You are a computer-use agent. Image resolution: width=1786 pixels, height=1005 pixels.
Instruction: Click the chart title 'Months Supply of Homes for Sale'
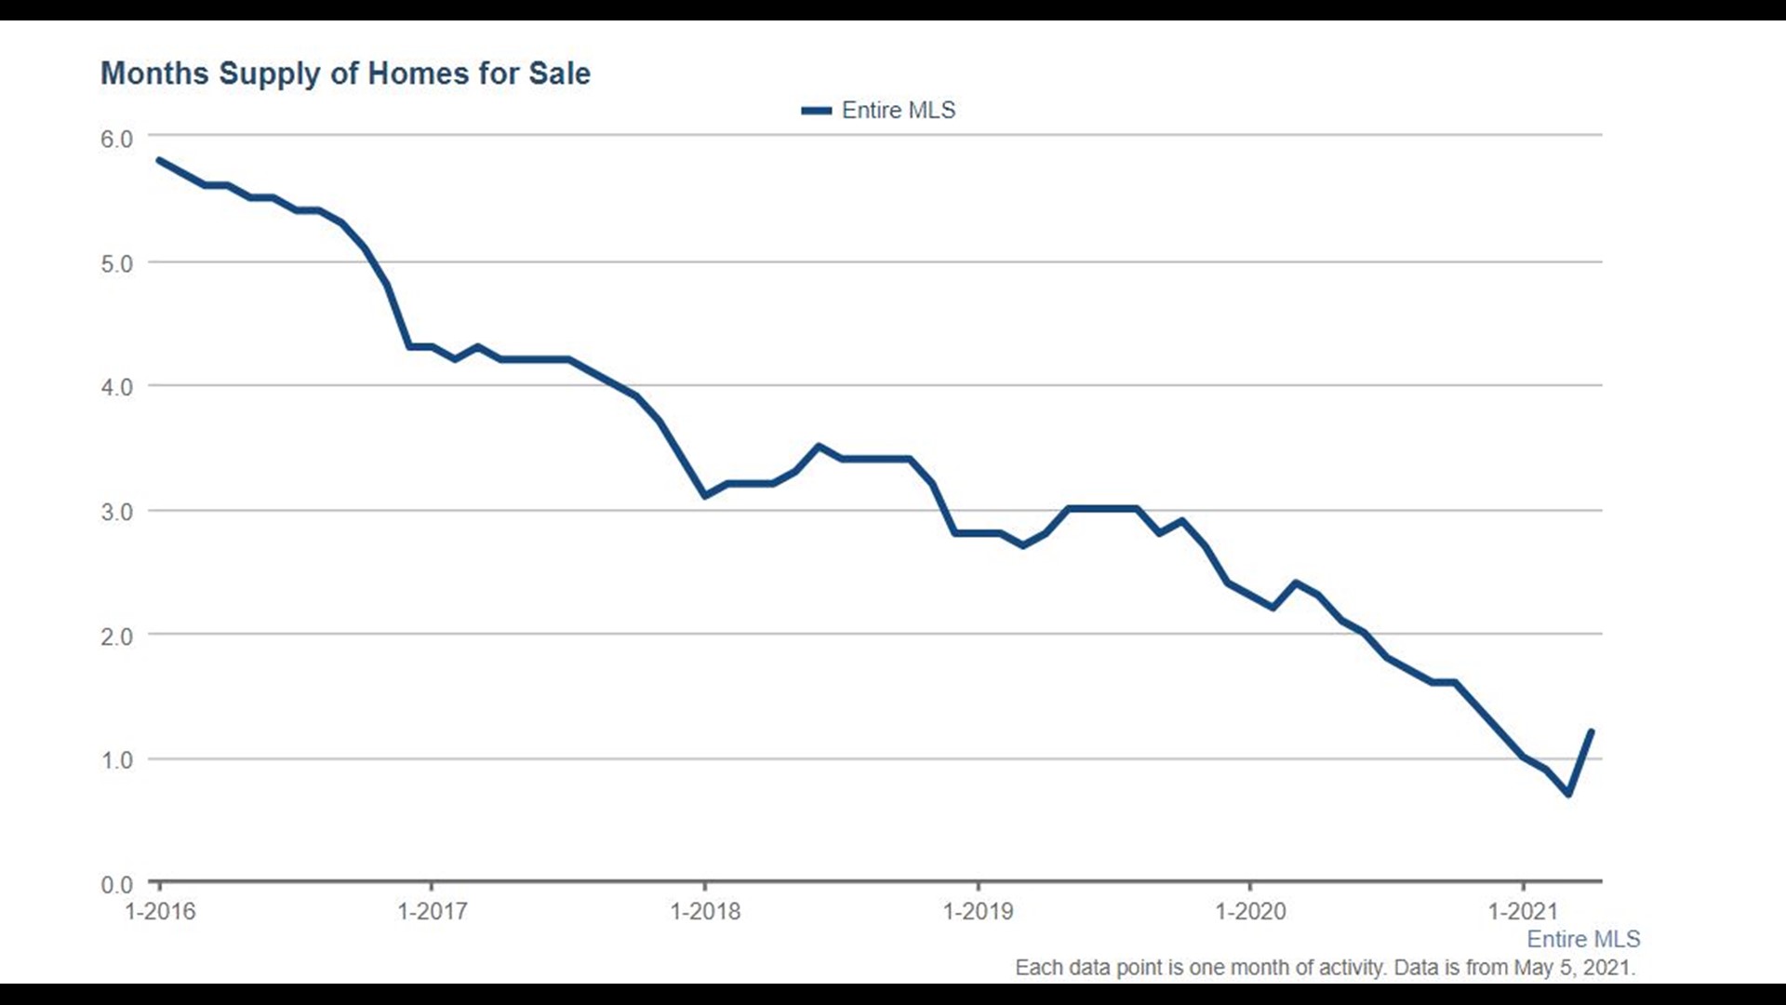pos(345,74)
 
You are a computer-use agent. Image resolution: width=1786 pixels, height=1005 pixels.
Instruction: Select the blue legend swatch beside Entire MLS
pos(816,111)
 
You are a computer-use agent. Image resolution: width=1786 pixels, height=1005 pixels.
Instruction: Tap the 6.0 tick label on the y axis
pos(117,140)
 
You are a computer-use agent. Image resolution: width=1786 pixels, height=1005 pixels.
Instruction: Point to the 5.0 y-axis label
pos(117,264)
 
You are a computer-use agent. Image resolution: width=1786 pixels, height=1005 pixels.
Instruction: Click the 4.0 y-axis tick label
pos(117,387)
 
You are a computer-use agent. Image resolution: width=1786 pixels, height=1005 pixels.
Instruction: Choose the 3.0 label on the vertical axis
pos(117,512)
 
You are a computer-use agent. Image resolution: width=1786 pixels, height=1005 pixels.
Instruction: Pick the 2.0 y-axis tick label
pos(117,636)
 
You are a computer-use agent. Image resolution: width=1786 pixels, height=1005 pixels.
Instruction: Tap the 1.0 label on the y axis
pos(117,760)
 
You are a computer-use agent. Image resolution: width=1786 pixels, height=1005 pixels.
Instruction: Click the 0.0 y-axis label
pos(117,884)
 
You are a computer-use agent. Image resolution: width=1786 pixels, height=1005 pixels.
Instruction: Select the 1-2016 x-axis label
pos(160,911)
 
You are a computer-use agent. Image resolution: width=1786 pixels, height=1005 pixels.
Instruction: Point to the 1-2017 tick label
pos(433,911)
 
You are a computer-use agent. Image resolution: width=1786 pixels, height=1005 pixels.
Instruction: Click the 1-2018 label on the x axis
pos(705,911)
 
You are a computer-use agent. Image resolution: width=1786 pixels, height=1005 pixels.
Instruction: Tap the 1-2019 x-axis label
pos(978,911)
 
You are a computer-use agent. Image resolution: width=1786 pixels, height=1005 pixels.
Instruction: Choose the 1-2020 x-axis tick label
pos(1250,911)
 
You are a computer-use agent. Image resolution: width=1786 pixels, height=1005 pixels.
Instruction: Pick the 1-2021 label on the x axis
pos(1523,911)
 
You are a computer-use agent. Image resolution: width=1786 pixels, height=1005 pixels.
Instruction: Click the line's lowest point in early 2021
pos(1568,794)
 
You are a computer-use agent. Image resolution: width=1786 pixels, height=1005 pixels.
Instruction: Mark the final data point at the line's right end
pos(1592,731)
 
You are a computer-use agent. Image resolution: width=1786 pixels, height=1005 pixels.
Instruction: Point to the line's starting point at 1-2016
pos(160,160)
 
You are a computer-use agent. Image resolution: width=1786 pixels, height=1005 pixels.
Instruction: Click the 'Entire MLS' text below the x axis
pos(1583,939)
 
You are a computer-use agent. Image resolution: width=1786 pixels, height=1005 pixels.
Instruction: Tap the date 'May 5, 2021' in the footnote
pos(1572,968)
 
